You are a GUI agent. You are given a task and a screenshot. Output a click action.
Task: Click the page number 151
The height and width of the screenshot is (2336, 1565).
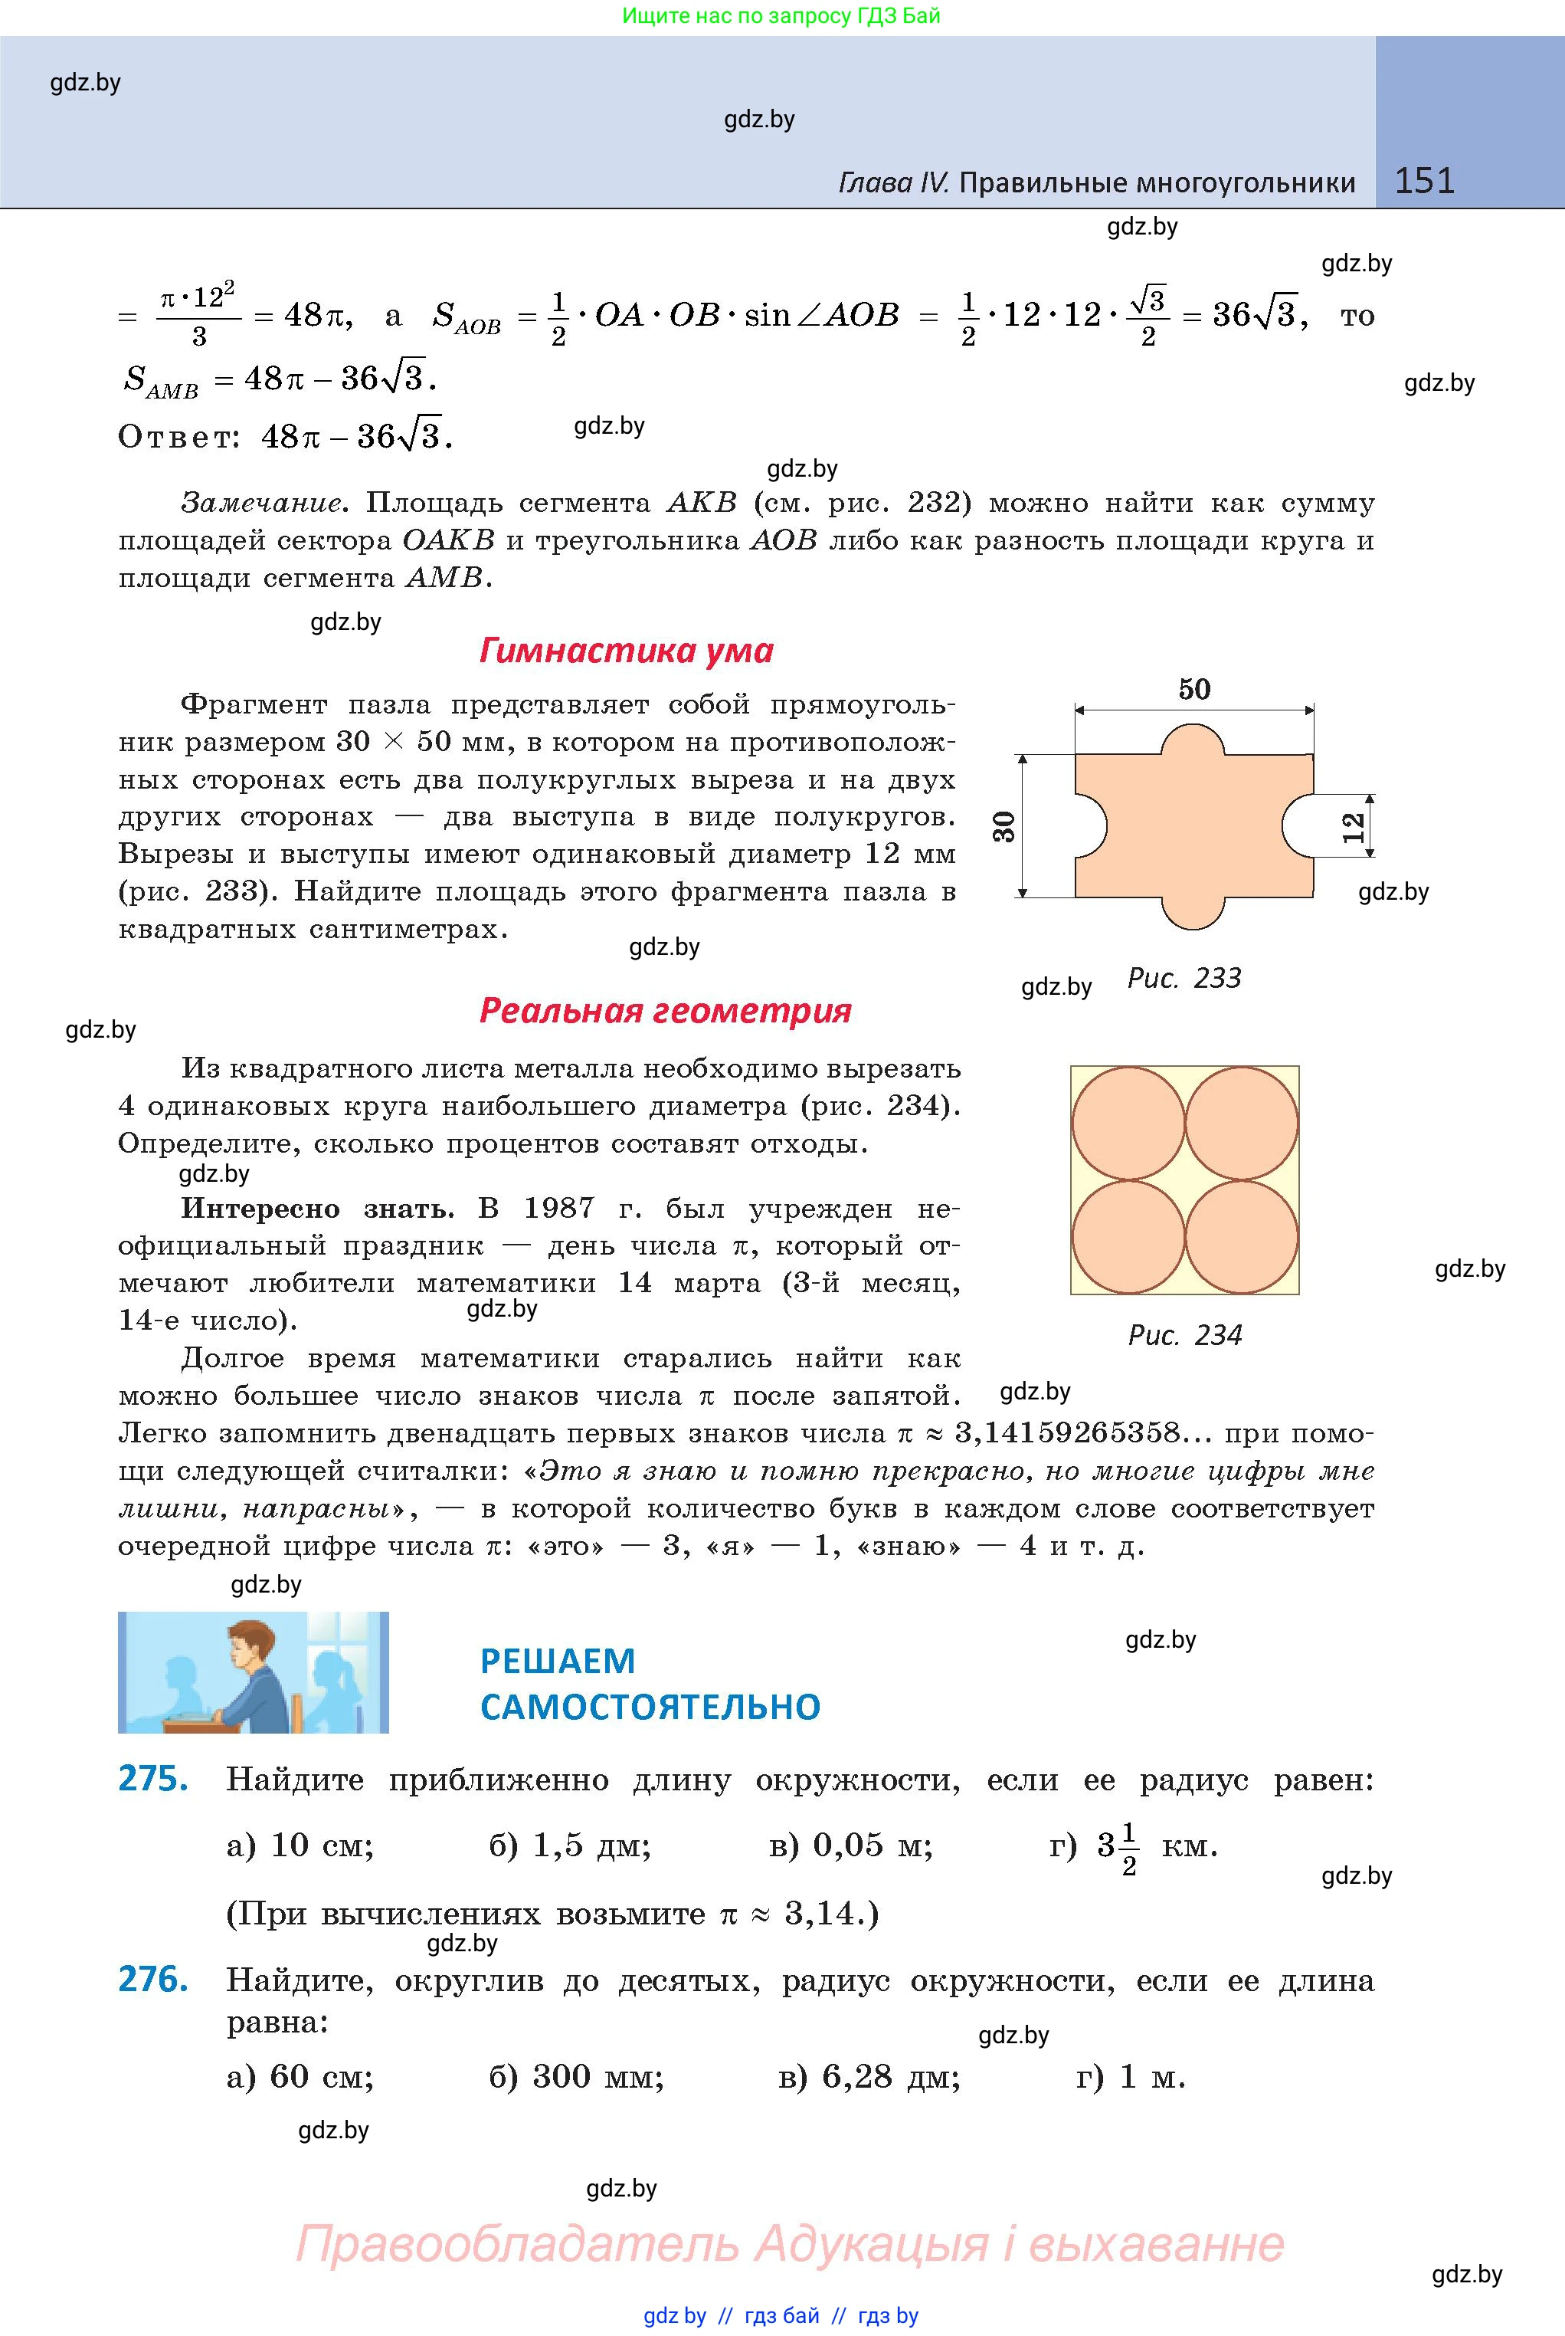tap(1424, 181)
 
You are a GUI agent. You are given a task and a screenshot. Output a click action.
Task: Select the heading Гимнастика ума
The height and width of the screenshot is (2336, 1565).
tap(626, 651)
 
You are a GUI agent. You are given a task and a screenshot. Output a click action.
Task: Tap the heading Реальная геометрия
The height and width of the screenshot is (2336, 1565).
tap(665, 1010)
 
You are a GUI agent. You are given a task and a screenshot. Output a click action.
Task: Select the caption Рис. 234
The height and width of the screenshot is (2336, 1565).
tap(1185, 1335)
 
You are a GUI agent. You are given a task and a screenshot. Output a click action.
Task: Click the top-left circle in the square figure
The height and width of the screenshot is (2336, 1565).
tap(1128, 1123)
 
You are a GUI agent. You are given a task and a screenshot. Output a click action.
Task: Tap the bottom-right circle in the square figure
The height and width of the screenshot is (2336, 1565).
tap(1242, 1237)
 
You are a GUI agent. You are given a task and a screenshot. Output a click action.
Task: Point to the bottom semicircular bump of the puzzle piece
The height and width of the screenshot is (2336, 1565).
tap(1193, 911)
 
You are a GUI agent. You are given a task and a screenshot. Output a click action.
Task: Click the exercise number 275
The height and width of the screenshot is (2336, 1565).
tap(152, 1779)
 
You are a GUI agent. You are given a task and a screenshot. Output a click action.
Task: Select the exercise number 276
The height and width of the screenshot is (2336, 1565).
tap(152, 1979)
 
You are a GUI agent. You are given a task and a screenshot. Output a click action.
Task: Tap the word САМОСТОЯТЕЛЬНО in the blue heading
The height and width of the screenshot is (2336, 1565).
tap(650, 1707)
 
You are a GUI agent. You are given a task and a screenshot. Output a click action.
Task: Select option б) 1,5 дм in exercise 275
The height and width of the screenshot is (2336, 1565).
tap(569, 1846)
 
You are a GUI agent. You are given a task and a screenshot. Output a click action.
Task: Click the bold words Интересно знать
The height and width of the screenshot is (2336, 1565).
tap(316, 1209)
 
